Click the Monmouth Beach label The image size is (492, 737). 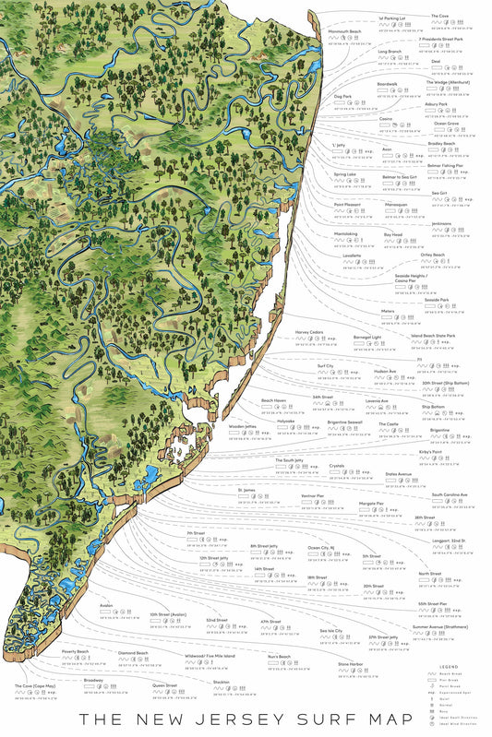[x=344, y=30]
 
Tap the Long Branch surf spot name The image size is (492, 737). [x=388, y=53]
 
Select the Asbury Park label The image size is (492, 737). [x=437, y=104]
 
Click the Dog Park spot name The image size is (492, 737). [x=342, y=96]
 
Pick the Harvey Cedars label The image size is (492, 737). [x=310, y=332]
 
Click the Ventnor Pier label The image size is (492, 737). [x=314, y=495]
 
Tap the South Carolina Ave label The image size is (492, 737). [x=450, y=494]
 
